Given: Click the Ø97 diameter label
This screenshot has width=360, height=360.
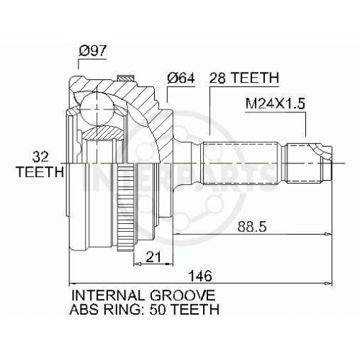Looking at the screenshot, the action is [92, 50].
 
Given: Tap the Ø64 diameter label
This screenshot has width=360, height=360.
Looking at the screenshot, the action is [181, 78].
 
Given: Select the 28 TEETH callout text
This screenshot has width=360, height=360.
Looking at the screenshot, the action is [244, 78].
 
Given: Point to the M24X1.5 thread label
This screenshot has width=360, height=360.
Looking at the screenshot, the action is [275, 104].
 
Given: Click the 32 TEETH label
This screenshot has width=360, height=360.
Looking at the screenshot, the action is [40, 164].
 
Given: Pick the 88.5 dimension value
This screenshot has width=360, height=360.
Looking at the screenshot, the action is [252, 226].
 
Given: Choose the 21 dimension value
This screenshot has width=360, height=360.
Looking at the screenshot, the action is [153, 257].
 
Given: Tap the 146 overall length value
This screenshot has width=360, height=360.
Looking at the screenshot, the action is [200, 276].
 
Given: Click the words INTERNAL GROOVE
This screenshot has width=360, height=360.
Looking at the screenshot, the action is [143, 295].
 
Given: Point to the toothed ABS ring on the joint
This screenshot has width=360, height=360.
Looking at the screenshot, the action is [125, 207].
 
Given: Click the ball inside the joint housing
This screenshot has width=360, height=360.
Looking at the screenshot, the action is [96, 109].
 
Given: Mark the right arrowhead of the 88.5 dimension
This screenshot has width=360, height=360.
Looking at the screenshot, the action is [328, 234].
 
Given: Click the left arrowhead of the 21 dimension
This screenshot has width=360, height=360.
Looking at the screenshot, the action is [138, 264].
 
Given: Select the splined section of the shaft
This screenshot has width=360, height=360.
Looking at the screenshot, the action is [239, 163].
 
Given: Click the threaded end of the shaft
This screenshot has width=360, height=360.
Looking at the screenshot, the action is [305, 163].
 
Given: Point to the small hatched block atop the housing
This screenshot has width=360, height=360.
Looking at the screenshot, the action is [125, 78].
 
